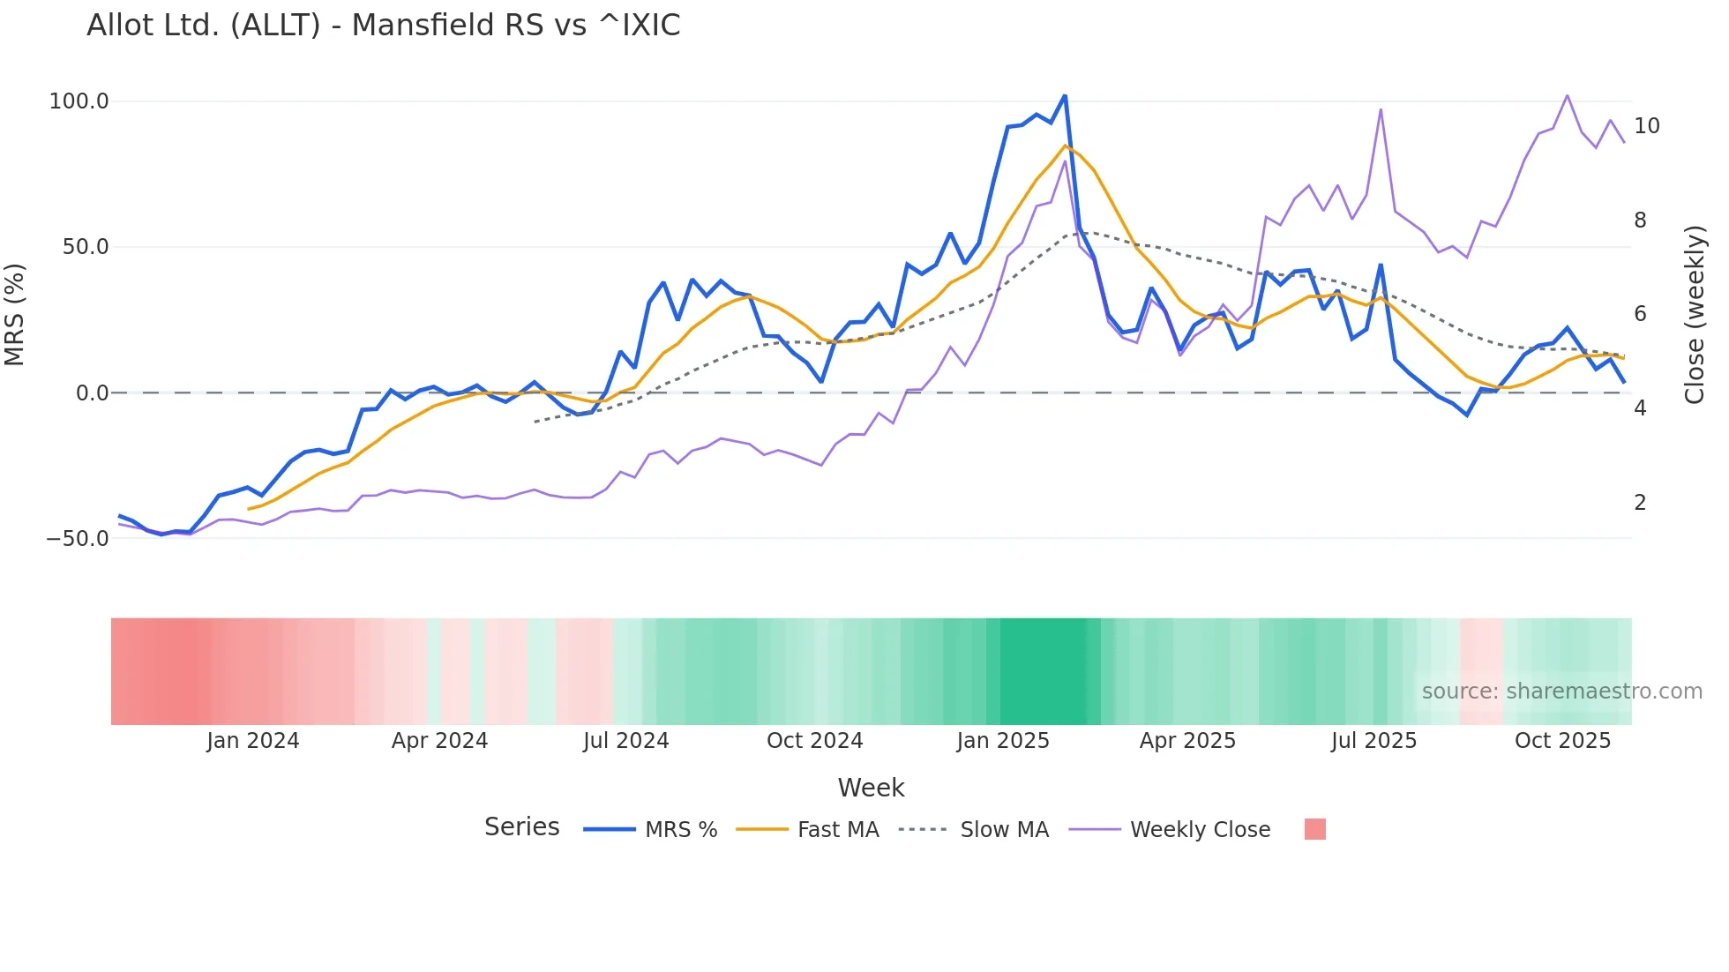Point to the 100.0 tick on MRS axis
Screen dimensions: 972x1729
pyautogui.click(x=79, y=101)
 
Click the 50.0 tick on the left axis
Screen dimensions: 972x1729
pyautogui.click(x=85, y=247)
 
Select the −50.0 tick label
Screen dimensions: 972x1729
pyautogui.click(x=78, y=538)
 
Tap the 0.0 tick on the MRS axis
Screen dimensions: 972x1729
pyautogui.click(x=92, y=393)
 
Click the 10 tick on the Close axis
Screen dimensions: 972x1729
pyautogui.click(x=1646, y=126)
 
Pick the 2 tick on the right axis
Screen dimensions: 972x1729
pyautogui.click(x=1640, y=503)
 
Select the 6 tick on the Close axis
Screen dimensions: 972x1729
pyautogui.click(x=1640, y=314)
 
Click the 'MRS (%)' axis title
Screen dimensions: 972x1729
pyautogui.click(x=15, y=315)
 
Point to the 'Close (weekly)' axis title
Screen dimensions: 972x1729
pyautogui.click(x=1694, y=315)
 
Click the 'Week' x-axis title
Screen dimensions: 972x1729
pyautogui.click(x=871, y=788)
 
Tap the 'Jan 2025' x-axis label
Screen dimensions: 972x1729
pyautogui.click(x=1003, y=741)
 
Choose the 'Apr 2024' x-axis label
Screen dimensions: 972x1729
pyautogui.click(x=439, y=741)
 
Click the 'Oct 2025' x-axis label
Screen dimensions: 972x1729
pyautogui.click(x=1562, y=741)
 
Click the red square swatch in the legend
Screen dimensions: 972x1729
pyautogui.click(x=1314, y=829)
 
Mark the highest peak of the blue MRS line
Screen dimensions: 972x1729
pyautogui.click(x=1065, y=96)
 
